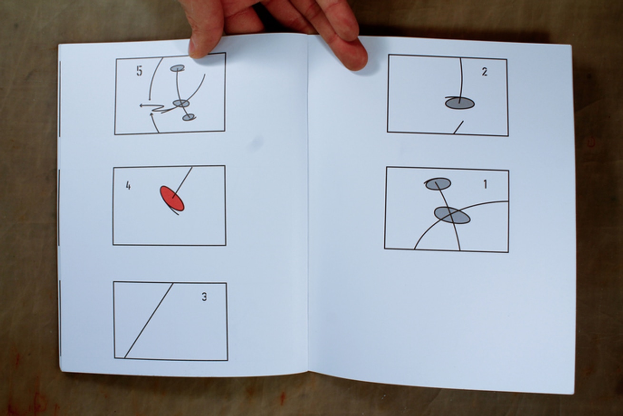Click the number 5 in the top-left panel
pos(139,71)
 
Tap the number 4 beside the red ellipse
pos(128,186)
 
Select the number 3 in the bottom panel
pos(204,297)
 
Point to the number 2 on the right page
pos(485,72)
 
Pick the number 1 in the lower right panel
pos(486,184)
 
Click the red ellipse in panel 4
pos(172,198)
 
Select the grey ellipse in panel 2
pos(460,104)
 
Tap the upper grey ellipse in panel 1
pos(438,184)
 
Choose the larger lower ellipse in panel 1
pos(452,215)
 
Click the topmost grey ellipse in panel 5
pos(177,68)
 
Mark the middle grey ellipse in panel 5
pos(181,103)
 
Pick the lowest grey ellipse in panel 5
pos(188,117)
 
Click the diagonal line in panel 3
pos(148,320)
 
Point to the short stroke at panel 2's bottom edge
pos(458,127)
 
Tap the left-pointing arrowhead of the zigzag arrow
pos(141,106)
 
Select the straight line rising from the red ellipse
pos(183,182)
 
